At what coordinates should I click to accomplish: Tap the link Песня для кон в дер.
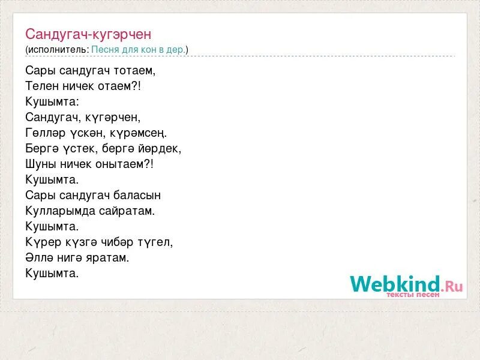(138, 50)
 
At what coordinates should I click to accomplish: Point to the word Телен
(41, 86)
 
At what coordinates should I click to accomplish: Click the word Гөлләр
(44, 133)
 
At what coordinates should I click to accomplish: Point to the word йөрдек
(160, 148)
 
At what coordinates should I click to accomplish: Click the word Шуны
(40, 164)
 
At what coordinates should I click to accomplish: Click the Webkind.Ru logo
(406, 285)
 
